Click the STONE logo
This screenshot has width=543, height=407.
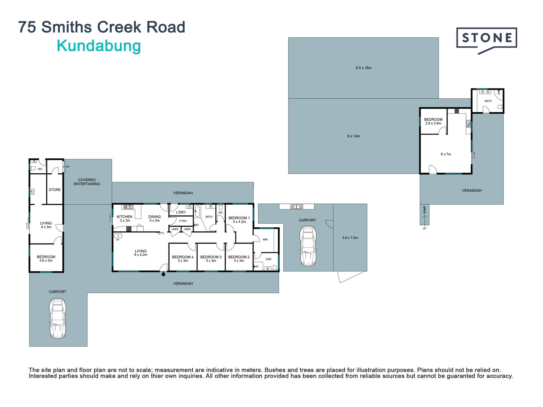[x=486, y=41]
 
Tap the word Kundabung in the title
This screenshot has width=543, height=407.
[x=99, y=46]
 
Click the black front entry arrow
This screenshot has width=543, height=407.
[x=163, y=274]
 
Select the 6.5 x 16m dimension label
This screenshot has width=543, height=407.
[x=364, y=68]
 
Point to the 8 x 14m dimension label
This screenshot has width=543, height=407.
[x=353, y=136]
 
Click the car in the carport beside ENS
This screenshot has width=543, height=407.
[x=308, y=246]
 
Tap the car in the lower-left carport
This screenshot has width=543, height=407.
[x=58, y=318]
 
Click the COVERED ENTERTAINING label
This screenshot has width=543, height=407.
[x=87, y=182]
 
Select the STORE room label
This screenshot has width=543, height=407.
[x=55, y=190]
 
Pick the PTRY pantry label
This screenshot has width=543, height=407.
[x=183, y=221]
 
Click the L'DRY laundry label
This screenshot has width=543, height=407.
[x=181, y=212]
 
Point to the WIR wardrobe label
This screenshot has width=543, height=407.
[x=265, y=239]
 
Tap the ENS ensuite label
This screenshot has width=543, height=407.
[x=268, y=259]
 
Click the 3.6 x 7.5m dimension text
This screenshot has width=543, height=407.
[x=350, y=238]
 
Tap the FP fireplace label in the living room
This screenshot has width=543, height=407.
[x=118, y=240]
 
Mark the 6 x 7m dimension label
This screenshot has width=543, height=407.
[x=446, y=154]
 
